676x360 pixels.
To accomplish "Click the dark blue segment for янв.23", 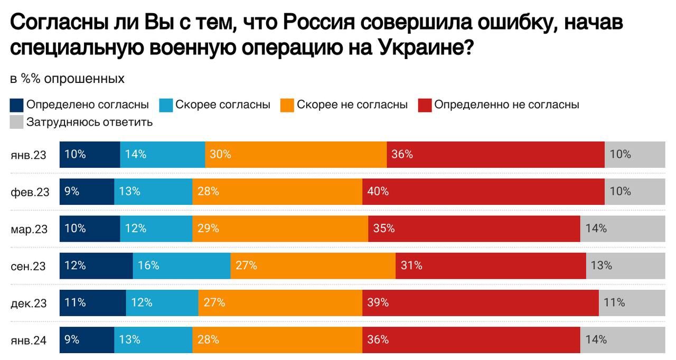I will tap(90, 154).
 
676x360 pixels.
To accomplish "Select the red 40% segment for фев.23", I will tap(483, 191).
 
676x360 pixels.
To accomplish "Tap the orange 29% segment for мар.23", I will tap(280, 229).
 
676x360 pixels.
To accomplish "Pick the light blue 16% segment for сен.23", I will tap(182, 266).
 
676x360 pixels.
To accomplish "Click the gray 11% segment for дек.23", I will tap(632, 302).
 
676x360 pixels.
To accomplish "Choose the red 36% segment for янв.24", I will tap(471, 339).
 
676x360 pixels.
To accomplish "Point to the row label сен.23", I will tap(29, 266).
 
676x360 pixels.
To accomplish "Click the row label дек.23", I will tap(29, 303).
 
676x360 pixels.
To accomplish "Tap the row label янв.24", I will tap(29, 340).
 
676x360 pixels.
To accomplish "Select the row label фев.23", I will tap(30, 192).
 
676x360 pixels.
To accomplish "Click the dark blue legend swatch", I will tap(17, 105).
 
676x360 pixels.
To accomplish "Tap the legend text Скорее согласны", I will tap(223, 105).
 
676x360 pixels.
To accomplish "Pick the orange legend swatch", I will tap(287, 105).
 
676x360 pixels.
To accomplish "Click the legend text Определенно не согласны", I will tap(506, 105).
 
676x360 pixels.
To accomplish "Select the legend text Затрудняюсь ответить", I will tap(89, 122).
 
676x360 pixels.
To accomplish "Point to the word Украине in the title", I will tap(419, 48).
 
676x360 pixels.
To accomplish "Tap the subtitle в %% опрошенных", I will tap(67, 79).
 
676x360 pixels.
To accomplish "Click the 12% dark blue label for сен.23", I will tap(75, 266).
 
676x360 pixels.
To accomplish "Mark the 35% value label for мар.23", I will tap(384, 229).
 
